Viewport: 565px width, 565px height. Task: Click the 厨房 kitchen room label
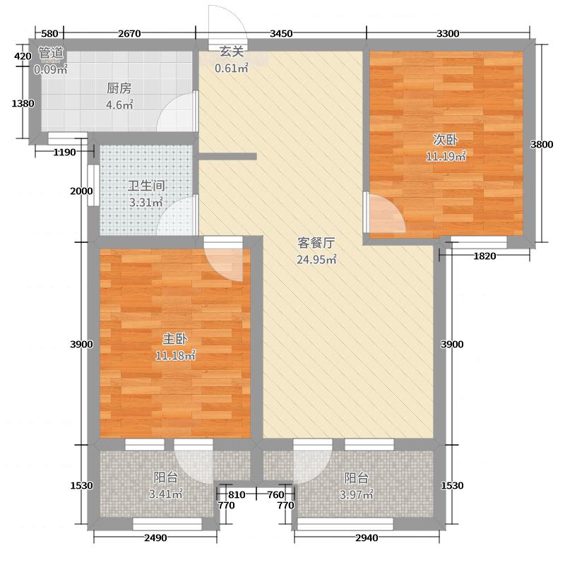(119, 89)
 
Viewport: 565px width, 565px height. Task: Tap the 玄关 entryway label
(231, 51)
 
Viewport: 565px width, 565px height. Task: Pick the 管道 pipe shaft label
(51, 52)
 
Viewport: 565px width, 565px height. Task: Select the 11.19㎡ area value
(445, 155)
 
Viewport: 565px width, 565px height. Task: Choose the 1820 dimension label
(484, 256)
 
